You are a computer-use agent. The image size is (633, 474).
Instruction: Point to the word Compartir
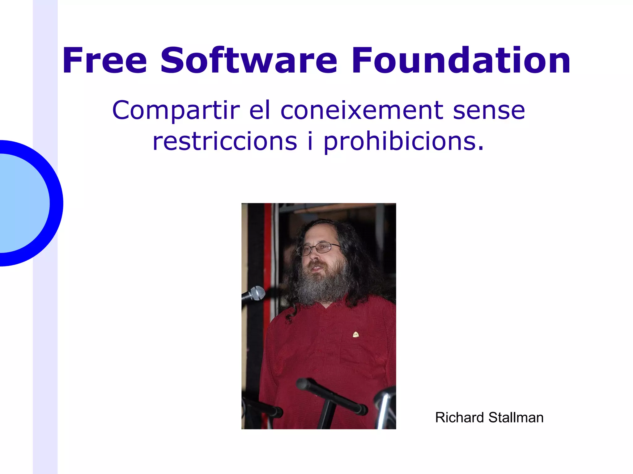[176, 111]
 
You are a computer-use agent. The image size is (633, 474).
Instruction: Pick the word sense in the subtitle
[489, 110]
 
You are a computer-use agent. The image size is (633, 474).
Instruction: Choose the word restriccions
[225, 141]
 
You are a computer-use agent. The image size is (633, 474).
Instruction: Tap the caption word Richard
[459, 417]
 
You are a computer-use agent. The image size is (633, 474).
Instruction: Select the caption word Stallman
[516, 417]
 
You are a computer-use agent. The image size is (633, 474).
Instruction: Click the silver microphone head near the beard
[257, 293]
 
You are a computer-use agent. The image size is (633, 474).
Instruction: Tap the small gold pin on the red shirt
[356, 334]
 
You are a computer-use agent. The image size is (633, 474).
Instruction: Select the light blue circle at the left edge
[22, 203]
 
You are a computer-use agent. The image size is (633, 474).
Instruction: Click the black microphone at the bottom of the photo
[331, 395]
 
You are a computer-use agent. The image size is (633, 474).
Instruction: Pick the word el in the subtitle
[260, 110]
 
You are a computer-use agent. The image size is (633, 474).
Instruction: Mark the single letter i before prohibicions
[310, 141]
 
